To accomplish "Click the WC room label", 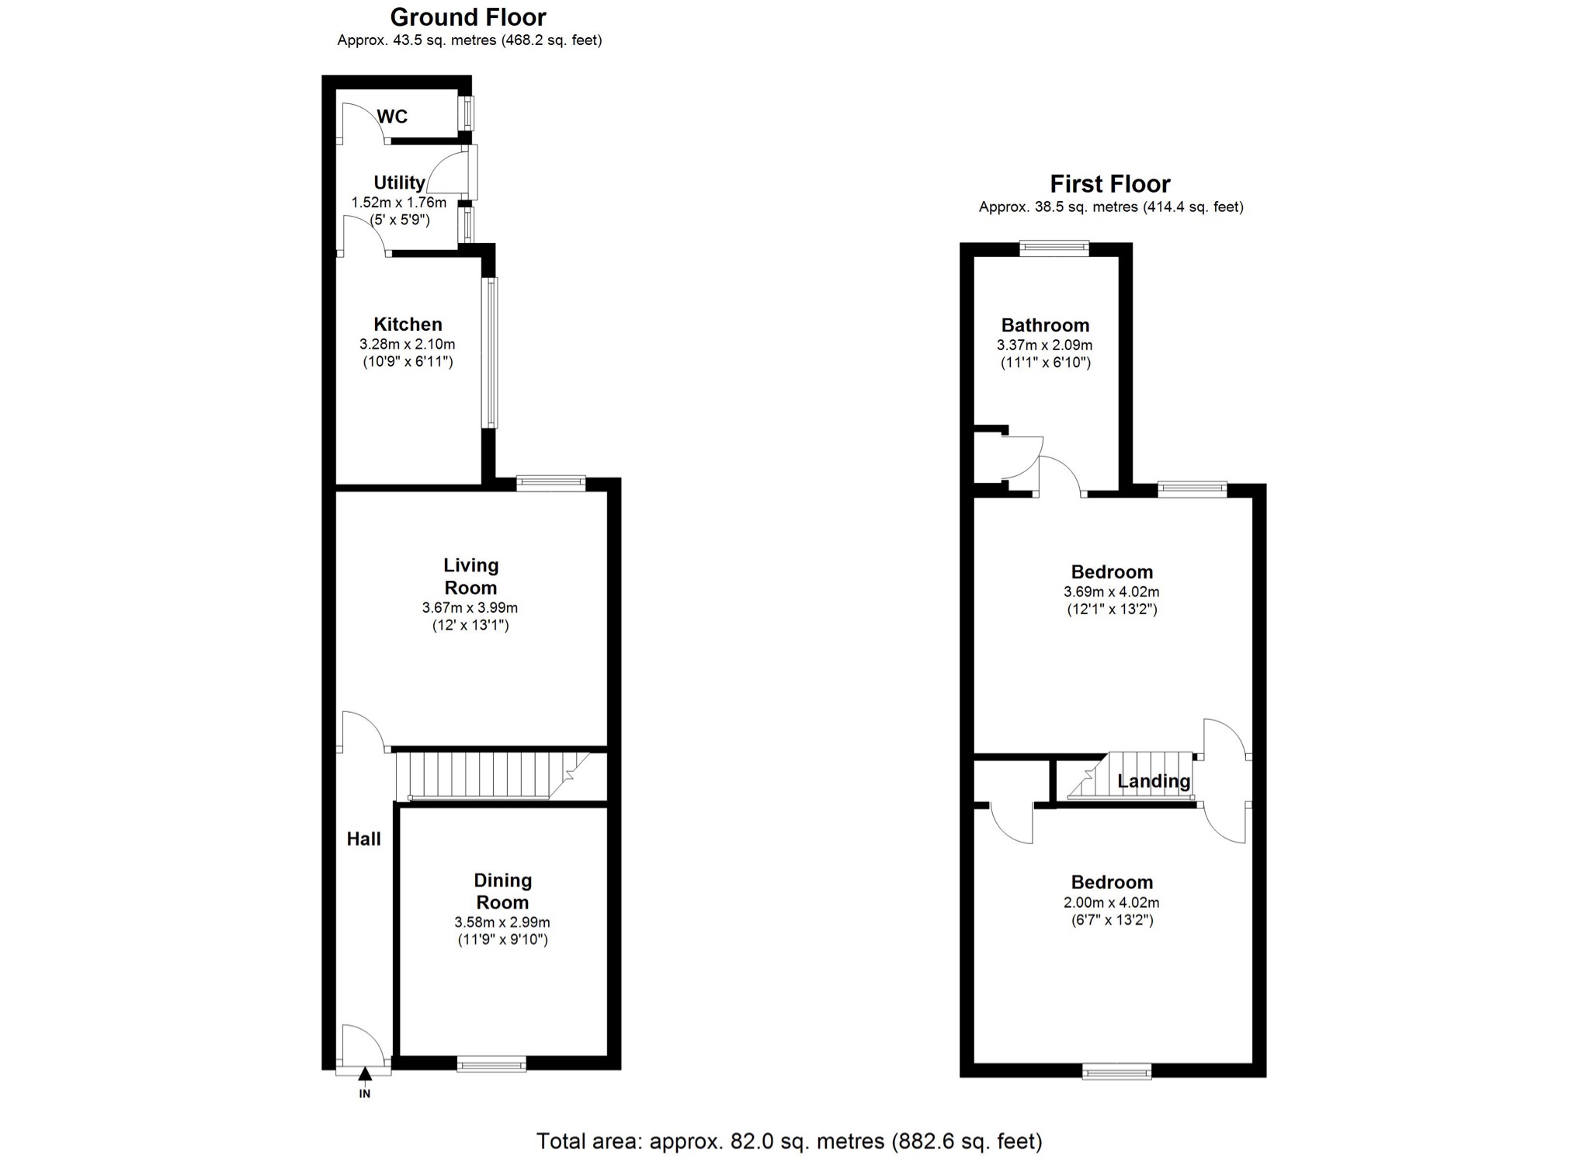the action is (392, 116).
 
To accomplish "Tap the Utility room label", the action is (399, 182).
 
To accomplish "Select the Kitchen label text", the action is (408, 325).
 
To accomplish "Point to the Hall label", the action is (363, 839).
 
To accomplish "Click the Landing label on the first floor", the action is (1154, 781).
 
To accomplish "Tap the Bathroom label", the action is (1045, 325).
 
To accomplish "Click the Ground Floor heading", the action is (468, 17).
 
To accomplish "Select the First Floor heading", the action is (1110, 184).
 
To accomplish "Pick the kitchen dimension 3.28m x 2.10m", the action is (408, 344).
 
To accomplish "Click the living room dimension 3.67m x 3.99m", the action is (470, 607).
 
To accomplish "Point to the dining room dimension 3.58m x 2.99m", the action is (502, 922).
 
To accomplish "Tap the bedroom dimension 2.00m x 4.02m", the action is (1112, 902).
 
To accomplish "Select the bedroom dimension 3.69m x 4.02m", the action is (1112, 592).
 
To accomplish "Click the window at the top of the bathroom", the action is (1054, 248).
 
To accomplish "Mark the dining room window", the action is (491, 1064).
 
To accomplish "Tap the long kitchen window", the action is (491, 353).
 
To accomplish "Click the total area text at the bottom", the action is (790, 1141).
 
